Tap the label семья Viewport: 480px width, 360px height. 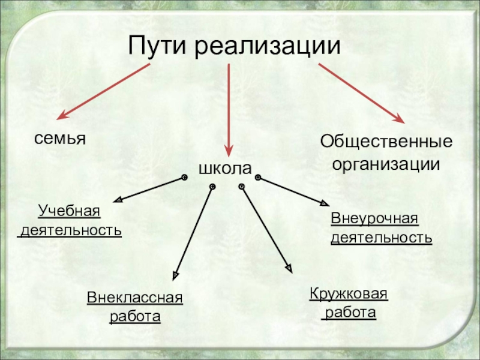click(x=60, y=139)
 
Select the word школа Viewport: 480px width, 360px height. click(x=225, y=169)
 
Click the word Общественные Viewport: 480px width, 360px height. click(x=386, y=143)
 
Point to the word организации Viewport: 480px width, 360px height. click(x=386, y=164)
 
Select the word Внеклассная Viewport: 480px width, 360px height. click(x=134, y=298)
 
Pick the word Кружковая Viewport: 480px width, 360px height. click(x=349, y=294)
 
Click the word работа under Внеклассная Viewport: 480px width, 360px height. click(x=135, y=316)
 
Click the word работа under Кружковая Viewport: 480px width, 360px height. click(x=349, y=313)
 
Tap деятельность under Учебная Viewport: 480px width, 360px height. click(x=71, y=230)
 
